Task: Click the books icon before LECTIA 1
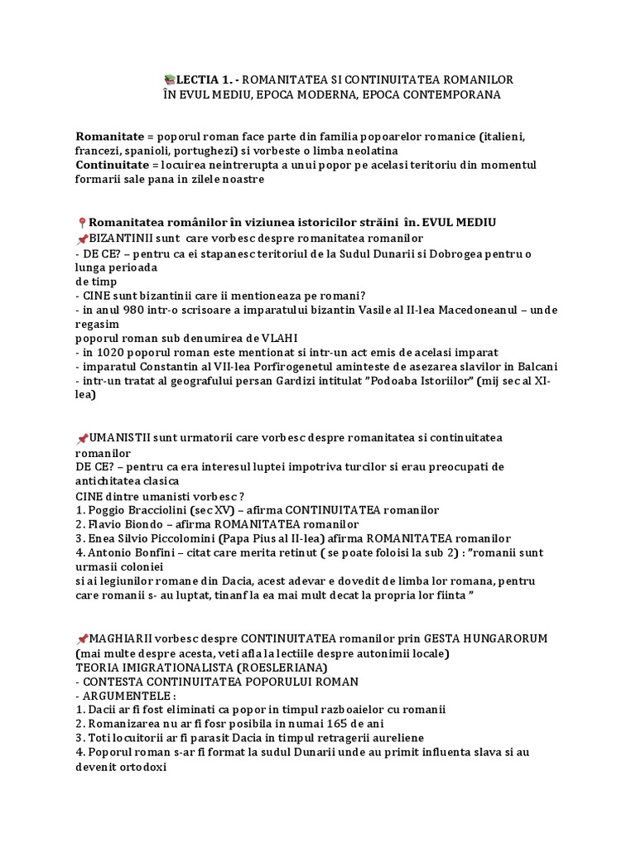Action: (169, 79)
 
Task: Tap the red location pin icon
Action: (81, 223)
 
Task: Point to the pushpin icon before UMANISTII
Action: (81, 438)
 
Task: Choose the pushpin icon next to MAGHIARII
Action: (81, 638)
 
